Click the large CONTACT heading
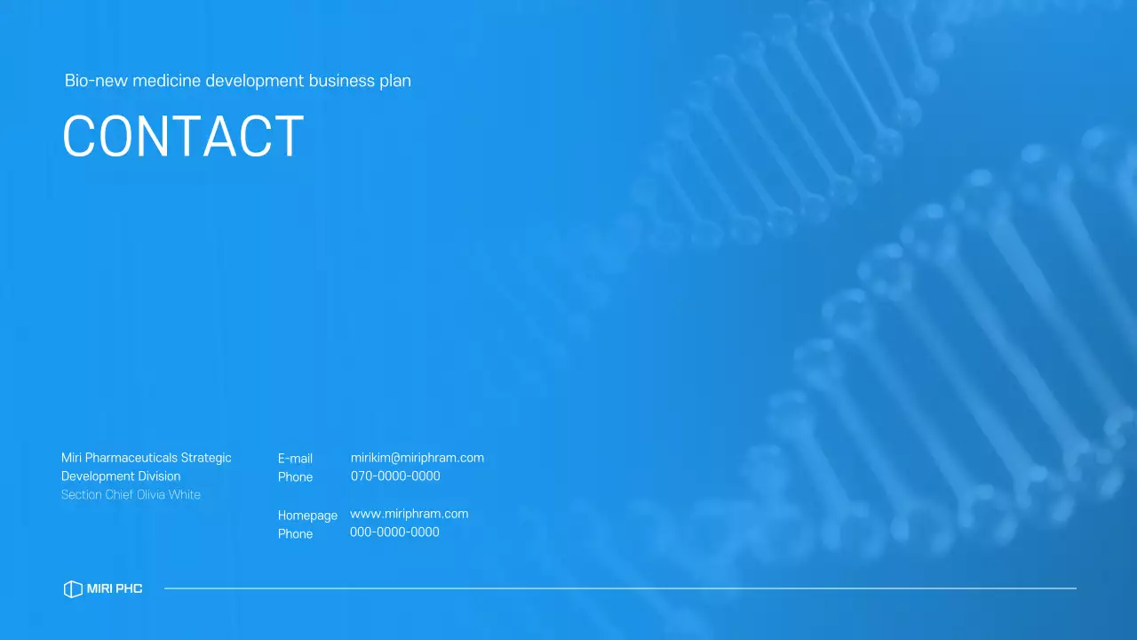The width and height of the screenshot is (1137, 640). (x=183, y=137)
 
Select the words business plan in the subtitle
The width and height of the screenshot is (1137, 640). (x=360, y=81)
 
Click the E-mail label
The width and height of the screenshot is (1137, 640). (x=295, y=459)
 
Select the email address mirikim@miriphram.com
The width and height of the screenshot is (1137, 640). (x=417, y=458)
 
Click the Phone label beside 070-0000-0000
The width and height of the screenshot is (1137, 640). (x=295, y=477)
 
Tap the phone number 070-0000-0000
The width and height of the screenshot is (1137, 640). (x=395, y=476)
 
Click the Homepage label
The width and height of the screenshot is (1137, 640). (x=307, y=516)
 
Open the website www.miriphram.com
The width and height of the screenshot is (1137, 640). (x=409, y=514)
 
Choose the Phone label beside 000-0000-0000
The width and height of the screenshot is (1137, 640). (x=295, y=534)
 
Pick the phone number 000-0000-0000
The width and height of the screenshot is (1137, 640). (x=394, y=532)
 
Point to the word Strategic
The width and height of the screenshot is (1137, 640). (x=206, y=458)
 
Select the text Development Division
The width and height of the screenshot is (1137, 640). (x=121, y=476)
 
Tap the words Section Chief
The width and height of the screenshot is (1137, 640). (x=97, y=495)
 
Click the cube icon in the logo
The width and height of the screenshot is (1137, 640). (x=73, y=588)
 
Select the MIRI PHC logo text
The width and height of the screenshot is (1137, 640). (x=115, y=588)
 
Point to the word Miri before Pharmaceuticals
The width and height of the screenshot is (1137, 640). (x=71, y=458)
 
